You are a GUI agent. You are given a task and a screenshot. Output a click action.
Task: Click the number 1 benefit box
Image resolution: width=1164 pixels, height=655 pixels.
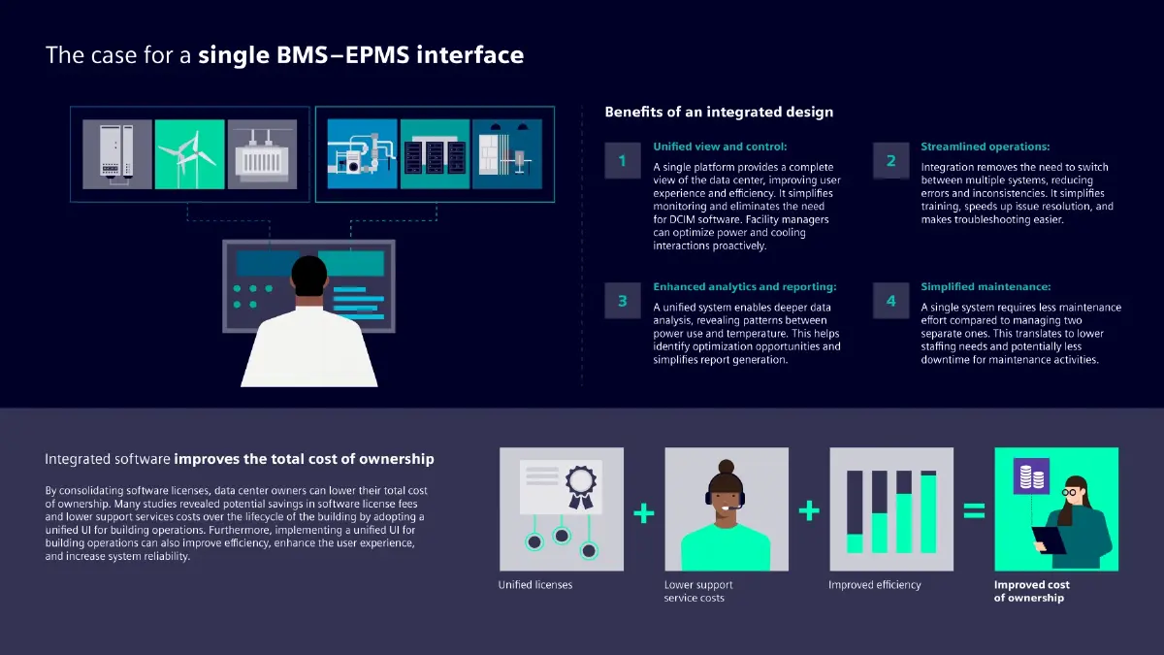[622, 161]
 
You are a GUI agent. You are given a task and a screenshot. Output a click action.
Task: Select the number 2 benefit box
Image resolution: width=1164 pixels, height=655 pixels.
[890, 161]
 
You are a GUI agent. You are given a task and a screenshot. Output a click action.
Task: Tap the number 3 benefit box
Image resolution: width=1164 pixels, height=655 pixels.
[622, 301]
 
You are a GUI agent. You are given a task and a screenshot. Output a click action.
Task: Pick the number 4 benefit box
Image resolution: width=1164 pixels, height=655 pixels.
[890, 301]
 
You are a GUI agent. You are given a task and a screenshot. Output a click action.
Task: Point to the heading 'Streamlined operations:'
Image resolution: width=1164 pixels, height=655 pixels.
[985, 147]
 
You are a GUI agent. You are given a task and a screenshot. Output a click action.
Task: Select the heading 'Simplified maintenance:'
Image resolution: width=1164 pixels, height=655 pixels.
[984, 287]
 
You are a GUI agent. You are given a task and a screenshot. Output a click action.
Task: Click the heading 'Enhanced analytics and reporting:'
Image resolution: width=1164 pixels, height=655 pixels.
[744, 287]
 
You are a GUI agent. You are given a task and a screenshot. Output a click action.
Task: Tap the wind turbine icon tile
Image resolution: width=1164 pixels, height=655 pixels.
[189, 153]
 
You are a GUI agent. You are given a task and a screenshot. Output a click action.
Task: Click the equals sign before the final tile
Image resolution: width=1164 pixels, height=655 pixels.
[974, 510]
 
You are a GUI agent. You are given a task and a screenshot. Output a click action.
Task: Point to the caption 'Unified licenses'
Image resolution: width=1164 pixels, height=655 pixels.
[535, 585]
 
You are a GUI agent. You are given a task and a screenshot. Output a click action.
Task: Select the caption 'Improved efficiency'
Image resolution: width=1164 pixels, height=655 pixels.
[874, 585]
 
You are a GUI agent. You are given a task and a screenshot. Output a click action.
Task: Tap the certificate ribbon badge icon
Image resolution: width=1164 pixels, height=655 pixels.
[580, 486]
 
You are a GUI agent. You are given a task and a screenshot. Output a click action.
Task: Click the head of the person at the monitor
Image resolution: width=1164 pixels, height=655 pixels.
[310, 278]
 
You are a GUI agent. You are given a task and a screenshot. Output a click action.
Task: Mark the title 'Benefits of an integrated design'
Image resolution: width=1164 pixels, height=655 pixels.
[718, 112]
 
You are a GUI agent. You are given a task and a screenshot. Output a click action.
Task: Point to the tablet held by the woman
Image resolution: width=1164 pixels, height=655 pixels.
[1048, 540]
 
